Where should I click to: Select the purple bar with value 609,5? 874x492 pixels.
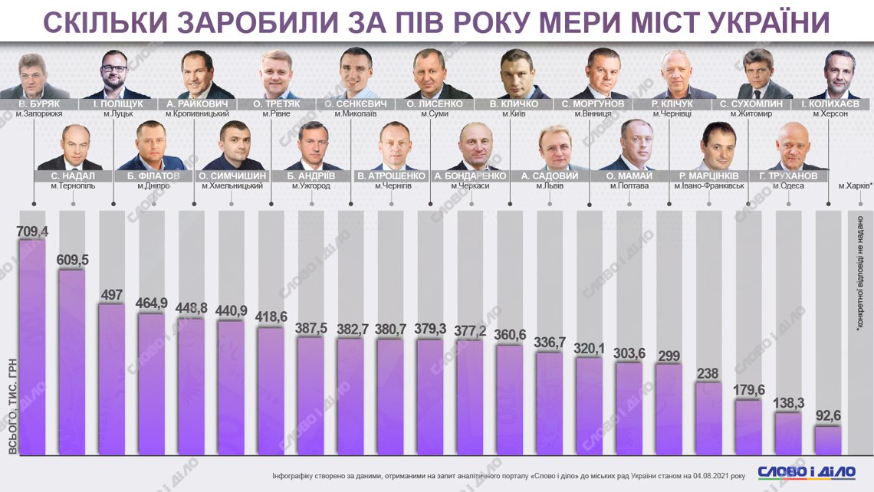click(x=72, y=360)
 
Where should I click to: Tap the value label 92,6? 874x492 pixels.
click(x=828, y=417)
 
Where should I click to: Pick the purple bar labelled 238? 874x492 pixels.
click(x=708, y=418)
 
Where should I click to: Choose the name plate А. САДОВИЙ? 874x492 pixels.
click(x=550, y=176)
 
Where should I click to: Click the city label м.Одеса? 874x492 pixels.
click(x=789, y=186)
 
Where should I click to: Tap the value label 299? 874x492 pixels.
click(x=669, y=356)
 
